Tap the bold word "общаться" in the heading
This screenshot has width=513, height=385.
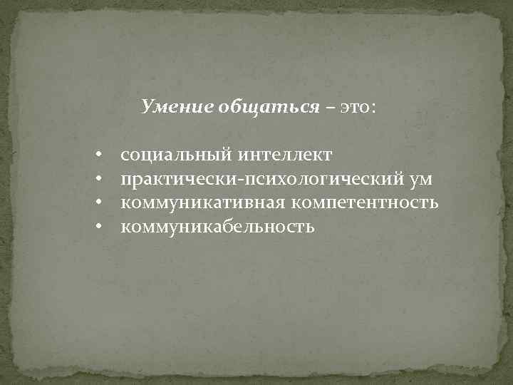(259, 107)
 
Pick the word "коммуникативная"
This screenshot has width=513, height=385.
(202, 203)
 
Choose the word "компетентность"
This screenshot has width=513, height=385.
(363, 203)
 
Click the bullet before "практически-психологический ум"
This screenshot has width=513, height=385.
(100, 179)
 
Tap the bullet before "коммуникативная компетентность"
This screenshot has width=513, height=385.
(100, 203)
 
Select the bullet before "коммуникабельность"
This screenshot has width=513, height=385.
(100, 227)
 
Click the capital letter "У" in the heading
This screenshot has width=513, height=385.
(147, 107)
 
